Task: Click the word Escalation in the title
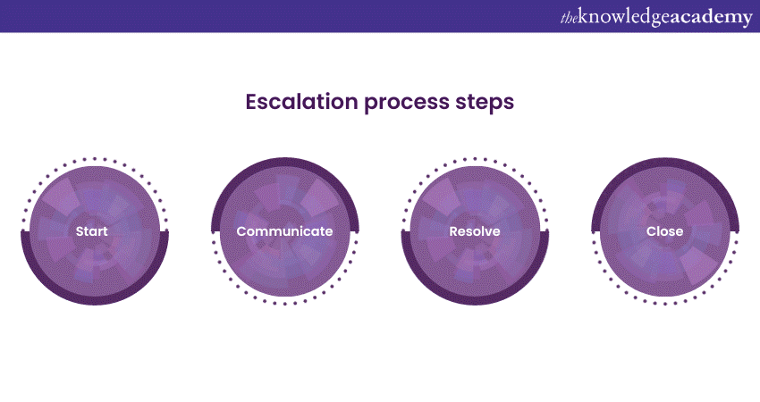(x=300, y=102)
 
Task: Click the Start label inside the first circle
(x=92, y=231)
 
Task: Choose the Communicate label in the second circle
(x=284, y=231)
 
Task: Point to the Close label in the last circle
(x=664, y=231)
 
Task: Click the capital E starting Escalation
(x=252, y=102)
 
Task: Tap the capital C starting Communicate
(x=241, y=231)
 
